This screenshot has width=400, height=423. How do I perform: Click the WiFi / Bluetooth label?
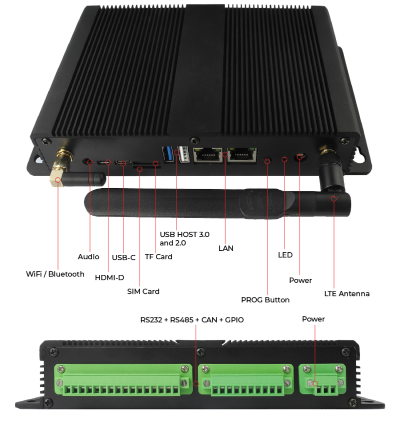(x=55, y=274)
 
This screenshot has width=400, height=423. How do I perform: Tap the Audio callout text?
(x=88, y=257)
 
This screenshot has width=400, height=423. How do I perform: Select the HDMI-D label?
(x=109, y=278)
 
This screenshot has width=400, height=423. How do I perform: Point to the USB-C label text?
(x=123, y=258)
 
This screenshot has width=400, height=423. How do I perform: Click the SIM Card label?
(x=143, y=291)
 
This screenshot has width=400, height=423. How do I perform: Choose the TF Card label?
(x=158, y=257)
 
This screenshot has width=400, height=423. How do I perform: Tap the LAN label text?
(x=226, y=248)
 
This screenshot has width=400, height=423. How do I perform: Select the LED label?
(x=285, y=255)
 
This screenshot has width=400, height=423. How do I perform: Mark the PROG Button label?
(x=265, y=300)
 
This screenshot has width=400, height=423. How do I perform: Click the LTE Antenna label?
(x=347, y=293)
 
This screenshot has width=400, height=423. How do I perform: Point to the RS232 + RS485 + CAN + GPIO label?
(x=192, y=319)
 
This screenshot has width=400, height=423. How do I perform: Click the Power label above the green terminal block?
(x=313, y=319)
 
